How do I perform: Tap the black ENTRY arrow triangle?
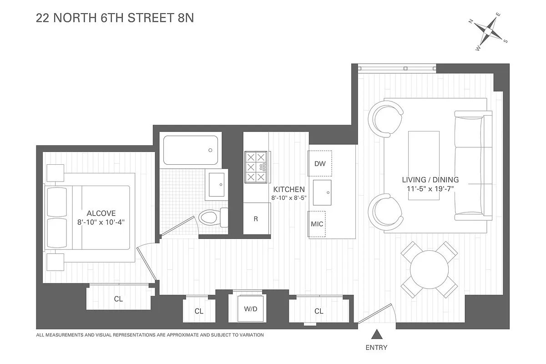tap(376, 335)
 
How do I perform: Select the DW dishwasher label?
tap(320, 163)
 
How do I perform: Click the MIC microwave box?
tap(317, 224)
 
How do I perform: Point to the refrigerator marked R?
tap(256, 219)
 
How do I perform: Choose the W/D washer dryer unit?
tap(250, 309)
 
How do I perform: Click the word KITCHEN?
tap(288, 189)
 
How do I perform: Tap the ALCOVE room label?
tap(101, 213)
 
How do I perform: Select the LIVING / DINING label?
tap(430, 180)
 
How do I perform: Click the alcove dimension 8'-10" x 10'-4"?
tap(101, 222)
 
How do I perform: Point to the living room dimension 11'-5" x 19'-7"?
tap(430, 188)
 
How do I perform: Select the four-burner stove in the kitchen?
tap(256, 167)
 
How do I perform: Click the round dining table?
tap(429, 269)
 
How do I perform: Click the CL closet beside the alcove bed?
tap(118, 299)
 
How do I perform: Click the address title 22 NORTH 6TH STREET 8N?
tap(115, 19)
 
